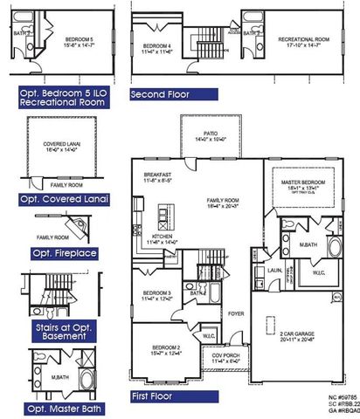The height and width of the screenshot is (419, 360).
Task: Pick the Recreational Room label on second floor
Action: point(301,40)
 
